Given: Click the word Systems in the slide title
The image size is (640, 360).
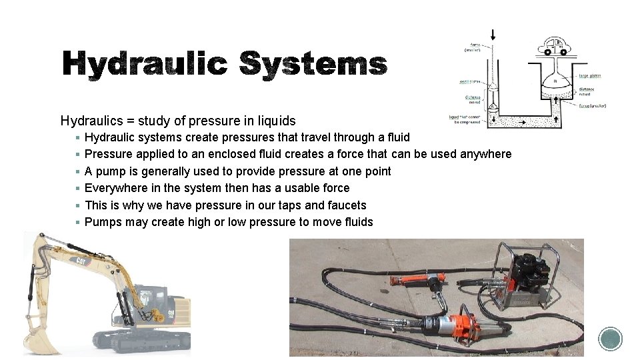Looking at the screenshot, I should [313, 65].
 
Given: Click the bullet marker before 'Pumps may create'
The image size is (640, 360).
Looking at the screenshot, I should [78, 222].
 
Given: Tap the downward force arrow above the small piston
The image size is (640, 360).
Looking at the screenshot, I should [493, 35].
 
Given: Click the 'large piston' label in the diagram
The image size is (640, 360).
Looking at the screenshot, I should [589, 76].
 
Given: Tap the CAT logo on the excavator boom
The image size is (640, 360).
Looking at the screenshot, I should [81, 260].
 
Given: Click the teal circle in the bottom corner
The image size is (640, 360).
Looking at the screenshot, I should [610, 339].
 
